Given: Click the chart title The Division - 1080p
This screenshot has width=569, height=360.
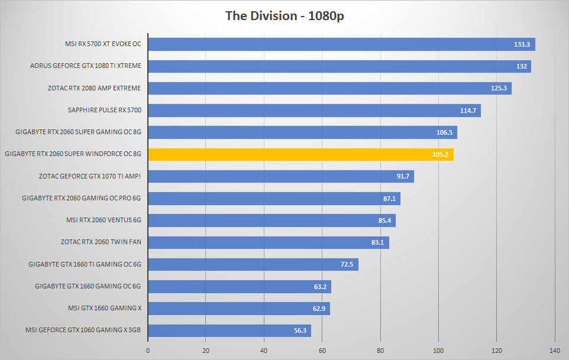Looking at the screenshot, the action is point(284,16).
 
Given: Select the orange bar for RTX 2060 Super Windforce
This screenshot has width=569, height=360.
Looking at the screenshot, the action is point(301,154).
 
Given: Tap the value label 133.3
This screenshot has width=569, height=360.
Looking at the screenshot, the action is point(522,44).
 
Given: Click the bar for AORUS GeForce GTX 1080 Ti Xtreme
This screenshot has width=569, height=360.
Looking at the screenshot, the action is point(340,66).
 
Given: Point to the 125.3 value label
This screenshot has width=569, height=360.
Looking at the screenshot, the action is point(499,88).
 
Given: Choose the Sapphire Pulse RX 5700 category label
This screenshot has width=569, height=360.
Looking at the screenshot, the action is point(105,110).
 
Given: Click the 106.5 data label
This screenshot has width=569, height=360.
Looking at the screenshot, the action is point(444,132).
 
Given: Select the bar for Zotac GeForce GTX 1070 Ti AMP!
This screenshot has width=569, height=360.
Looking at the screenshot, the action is point(281,177).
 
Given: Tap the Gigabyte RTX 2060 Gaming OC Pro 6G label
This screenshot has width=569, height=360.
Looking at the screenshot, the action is point(81,198).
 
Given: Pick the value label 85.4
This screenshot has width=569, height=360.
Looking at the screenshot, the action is point(384,220).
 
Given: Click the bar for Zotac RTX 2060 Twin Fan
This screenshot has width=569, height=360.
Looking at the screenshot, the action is point(269,242).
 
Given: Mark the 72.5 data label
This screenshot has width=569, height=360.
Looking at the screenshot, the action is point(347,264).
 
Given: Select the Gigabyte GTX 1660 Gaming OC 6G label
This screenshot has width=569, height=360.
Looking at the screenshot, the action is point(88,286).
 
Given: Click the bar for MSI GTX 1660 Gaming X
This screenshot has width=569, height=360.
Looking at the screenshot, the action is point(239,309).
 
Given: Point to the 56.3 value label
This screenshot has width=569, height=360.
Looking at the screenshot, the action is point(300,330).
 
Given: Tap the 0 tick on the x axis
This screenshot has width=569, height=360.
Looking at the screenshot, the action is point(148,351).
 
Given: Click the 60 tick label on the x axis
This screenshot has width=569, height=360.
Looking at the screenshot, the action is point(322,351).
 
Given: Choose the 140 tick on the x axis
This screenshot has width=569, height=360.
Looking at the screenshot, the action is point(555,351).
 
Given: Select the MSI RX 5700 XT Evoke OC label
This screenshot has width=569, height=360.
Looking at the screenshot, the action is point(103,44).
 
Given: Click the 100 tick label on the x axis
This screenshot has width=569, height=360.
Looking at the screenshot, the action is point(438,351).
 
